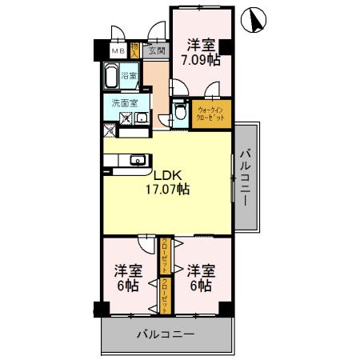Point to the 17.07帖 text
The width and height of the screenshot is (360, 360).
pyautogui.click(x=167, y=190)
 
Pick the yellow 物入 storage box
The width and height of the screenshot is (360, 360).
pyautogui.click(x=137, y=50)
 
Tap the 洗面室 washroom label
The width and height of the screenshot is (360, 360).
pyautogui.click(x=124, y=102)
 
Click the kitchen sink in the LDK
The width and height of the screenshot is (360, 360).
pyautogui.click(x=135, y=158)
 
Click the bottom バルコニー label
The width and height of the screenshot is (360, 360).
pyautogui.click(x=164, y=332)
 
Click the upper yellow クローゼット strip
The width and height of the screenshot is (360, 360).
pyautogui.click(x=165, y=255)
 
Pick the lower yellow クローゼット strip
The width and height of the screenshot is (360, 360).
pyautogui.click(x=165, y=294)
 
